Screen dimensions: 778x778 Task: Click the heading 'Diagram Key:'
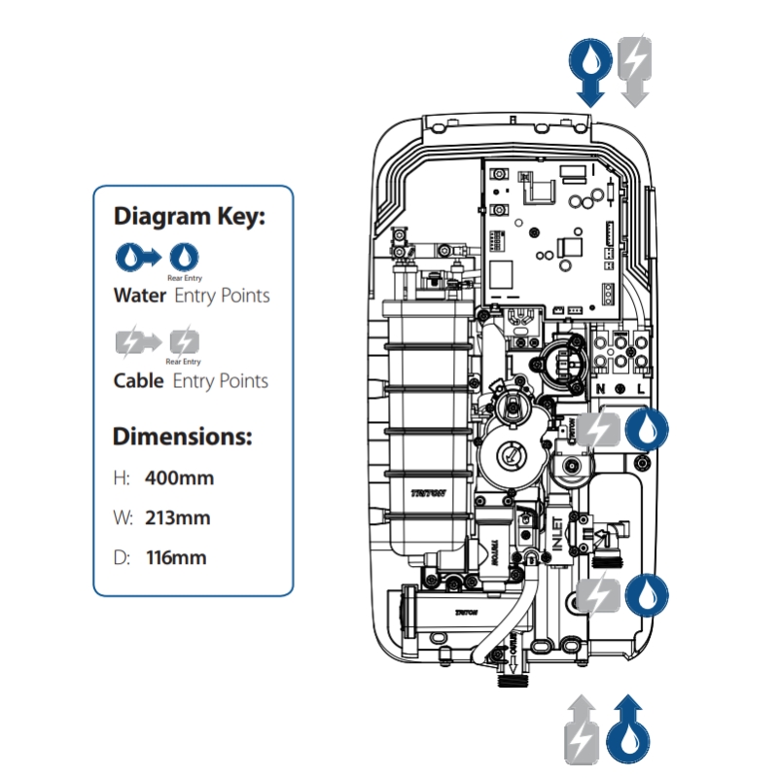[x=190, y=216]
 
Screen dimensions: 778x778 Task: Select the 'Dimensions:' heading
[x=183, y=435]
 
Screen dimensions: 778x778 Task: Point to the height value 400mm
[x=179, y=477]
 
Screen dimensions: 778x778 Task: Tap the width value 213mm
[x=177, y=517]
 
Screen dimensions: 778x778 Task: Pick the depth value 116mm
[x=175, y=558]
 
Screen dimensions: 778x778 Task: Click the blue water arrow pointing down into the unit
[x=589, y=70]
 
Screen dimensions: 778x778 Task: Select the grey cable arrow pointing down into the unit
[x=633, y=70]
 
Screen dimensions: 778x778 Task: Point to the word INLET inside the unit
[x=559, y=535]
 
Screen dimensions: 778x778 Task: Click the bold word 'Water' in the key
[x=140, y=295]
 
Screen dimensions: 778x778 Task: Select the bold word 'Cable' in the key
[x=139, y=380]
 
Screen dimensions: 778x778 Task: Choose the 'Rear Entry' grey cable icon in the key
[x=184, y=341]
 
